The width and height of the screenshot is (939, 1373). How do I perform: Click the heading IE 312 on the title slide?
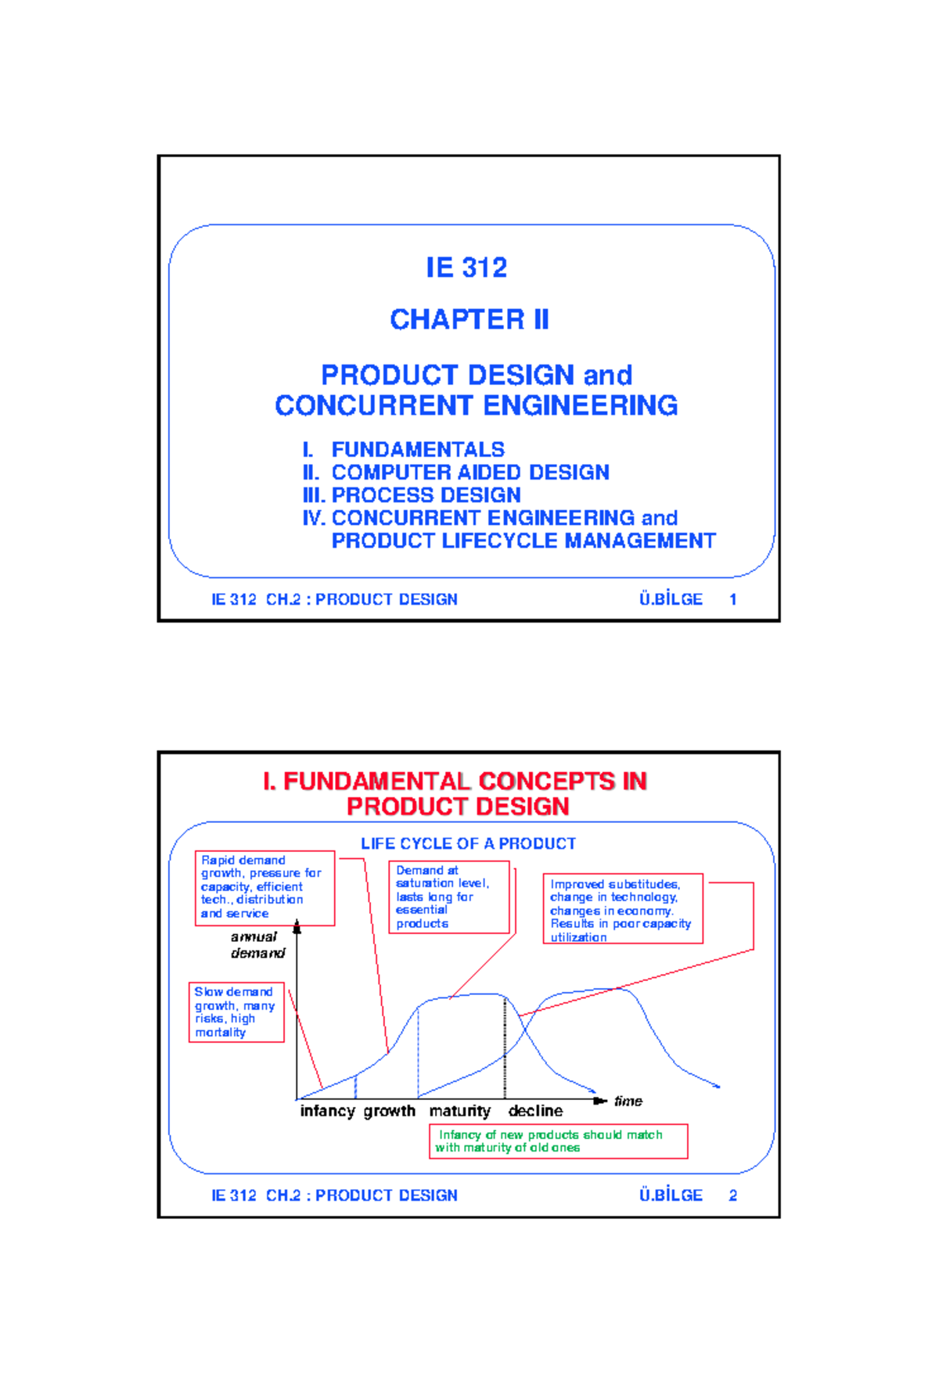point(466,268)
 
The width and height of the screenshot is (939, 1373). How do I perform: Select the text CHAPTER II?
point(469,319)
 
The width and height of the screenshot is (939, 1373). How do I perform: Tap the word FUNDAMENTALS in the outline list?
point(418,450)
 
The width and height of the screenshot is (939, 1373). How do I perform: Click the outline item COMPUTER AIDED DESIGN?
point(470,473)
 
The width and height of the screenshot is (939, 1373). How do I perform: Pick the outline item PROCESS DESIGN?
point(426,495)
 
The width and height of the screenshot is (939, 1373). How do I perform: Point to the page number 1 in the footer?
point(733,599)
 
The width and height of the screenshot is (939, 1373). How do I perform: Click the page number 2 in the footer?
point(733,1195)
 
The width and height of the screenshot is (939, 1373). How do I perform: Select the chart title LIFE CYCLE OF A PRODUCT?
point(468,843)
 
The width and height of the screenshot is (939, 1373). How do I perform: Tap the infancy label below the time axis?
point(327,1111)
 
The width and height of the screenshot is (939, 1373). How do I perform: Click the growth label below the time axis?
point(389,1111)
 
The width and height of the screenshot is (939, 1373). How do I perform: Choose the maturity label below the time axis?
point(459,1111)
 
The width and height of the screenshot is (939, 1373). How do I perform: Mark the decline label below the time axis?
point(535,1111)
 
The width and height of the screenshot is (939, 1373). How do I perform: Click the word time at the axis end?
point(628,1102)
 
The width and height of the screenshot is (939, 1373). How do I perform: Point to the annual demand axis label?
point(257,945)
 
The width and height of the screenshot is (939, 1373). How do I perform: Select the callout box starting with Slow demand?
point(236,1012)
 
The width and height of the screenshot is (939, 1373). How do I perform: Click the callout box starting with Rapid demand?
point(264,887)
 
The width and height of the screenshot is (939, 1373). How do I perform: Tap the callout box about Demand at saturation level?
point(449,897)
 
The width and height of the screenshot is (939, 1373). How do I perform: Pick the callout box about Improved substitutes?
point(623,909)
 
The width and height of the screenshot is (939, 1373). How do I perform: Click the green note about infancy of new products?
point(558,1141)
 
